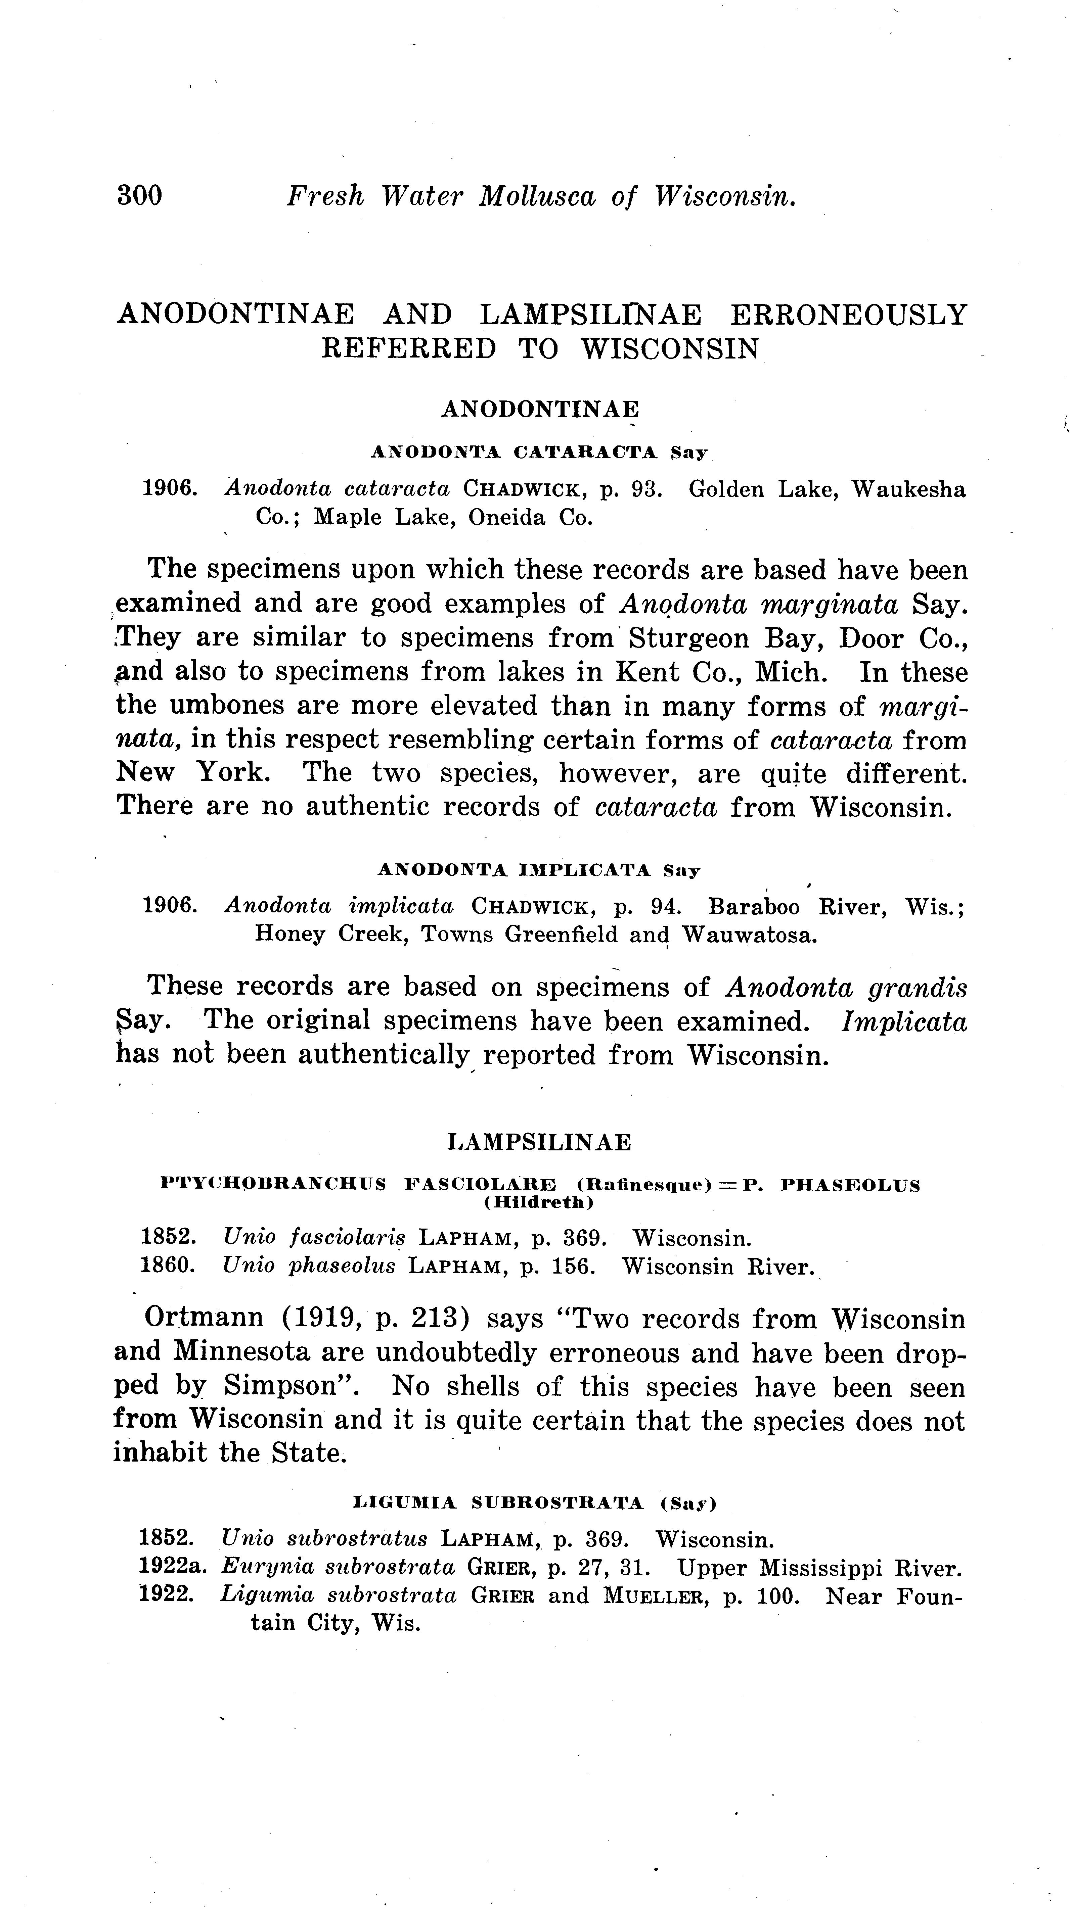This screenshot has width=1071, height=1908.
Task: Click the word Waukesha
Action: (x=909, y=490)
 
